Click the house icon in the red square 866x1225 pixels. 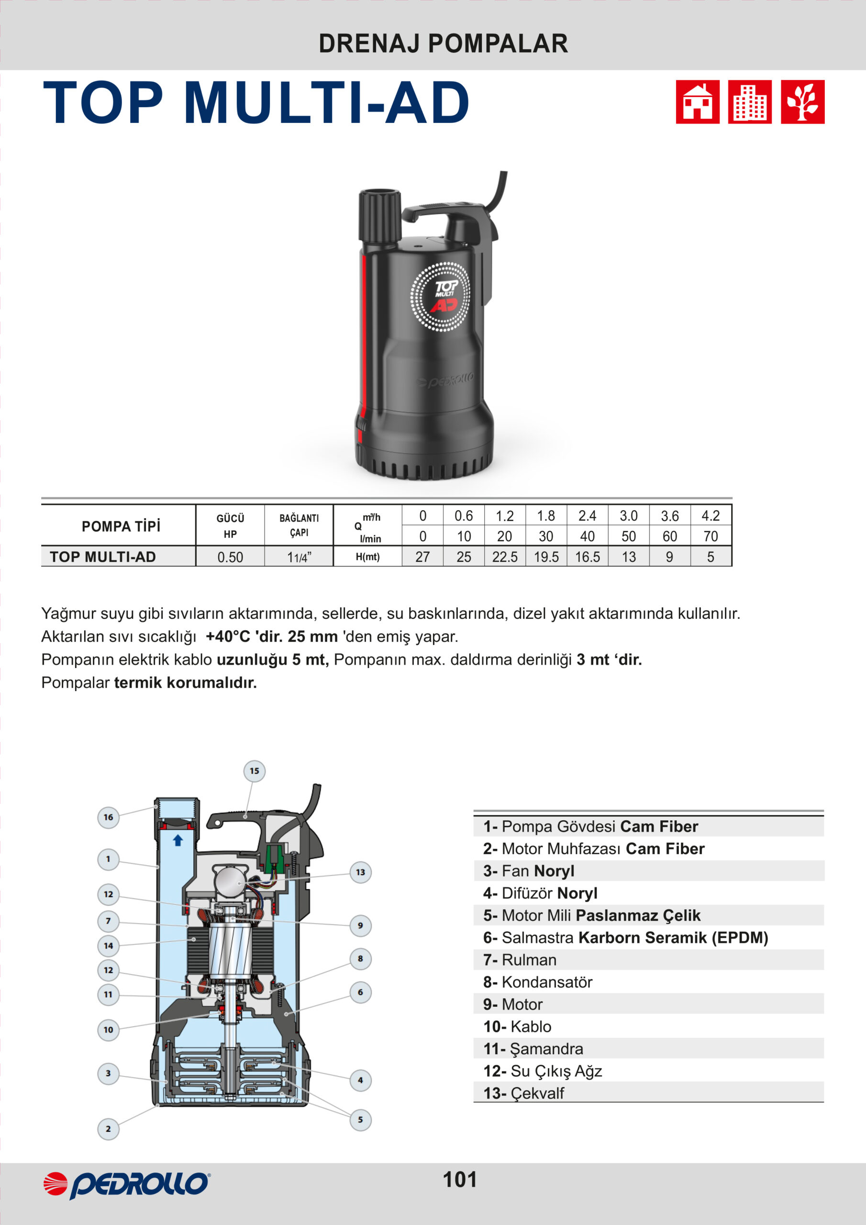click(698, 102)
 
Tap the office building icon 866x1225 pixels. click(750, 102)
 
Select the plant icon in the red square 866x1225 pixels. click(802, 102)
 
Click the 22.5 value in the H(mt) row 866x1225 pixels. click(505, 557)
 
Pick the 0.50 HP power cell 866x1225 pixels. click(230, 557)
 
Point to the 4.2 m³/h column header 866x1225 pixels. click(710, 516)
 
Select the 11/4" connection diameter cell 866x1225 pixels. click(299, 557)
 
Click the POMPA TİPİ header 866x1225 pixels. click(121, 526)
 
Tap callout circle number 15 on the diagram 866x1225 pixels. click(255, 771)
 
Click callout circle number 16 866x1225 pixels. click(108, 817)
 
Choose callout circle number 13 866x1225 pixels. click(360, 872)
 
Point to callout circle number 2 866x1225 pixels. click(108, 1128)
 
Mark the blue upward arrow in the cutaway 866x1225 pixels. click(178, 840)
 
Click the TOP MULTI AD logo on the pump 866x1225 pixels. click(441, 297)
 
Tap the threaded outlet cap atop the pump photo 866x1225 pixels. click(379, 216)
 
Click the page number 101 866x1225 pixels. click(460, 1180)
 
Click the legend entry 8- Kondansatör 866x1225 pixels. click(537, 982)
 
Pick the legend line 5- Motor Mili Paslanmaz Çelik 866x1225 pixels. click(591, 915)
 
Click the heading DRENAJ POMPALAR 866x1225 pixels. click(443, 44)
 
